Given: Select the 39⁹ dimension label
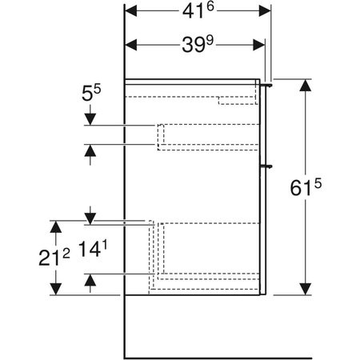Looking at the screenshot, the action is point(198,44).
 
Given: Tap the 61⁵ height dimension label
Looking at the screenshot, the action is point(306,188).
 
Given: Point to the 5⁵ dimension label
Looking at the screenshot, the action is point(91,93).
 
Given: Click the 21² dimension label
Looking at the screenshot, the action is point(54,258).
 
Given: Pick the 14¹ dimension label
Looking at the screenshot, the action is point(93,249).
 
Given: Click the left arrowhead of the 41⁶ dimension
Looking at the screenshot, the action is point(131,11).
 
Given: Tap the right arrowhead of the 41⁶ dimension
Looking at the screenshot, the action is point(265,11).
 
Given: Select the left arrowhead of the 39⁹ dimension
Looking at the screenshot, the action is point(131,45).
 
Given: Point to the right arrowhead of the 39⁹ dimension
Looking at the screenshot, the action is point(259,45).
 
